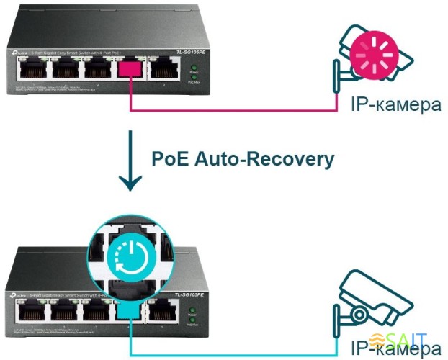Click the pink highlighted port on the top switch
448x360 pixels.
(130, 69)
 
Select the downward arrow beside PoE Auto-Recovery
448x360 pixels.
(130, 161)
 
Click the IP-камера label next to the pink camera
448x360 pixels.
(395, 105)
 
